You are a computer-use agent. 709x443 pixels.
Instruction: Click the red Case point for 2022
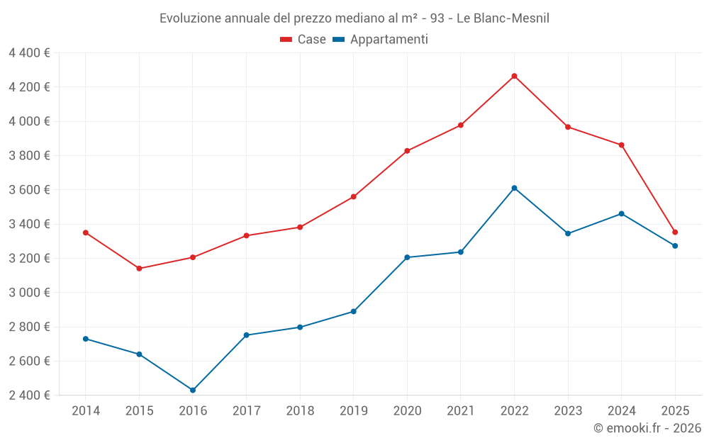[x=514, y=76]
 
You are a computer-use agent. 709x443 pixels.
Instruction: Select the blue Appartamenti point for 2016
[x=193, y=390]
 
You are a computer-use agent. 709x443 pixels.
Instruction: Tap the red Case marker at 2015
[x=139, y=269]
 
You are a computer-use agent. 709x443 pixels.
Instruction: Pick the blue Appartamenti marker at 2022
[x=514, y=188]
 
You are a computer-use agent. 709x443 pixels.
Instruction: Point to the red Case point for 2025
[x=675, y=232]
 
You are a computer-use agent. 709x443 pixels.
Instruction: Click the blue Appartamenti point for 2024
[x=622, y=213]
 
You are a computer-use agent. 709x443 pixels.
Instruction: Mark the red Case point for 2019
[x=354, y=197]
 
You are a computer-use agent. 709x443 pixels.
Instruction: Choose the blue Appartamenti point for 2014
[x=86, y=339]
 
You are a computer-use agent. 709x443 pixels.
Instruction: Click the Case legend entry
[x=303, y=40]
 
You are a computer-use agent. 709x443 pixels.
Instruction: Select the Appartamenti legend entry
[x=381, y=40]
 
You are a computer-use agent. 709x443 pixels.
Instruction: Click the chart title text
[x=354, y=18]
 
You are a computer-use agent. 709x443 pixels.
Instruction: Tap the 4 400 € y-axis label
[x=29, y=53]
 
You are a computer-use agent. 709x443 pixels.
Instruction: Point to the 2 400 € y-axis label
[x=29, y=396]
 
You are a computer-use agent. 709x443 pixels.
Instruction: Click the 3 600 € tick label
[x=29, y=190]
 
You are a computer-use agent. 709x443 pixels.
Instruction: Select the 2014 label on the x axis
[x=86, y=411]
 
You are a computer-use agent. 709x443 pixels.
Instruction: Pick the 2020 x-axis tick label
[x=407, y=411]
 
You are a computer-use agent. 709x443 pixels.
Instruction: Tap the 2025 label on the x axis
[x=675, y=411]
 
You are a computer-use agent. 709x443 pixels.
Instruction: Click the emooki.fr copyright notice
[x=647, y=428]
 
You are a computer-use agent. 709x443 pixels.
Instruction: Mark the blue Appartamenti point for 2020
[x=407, y=257]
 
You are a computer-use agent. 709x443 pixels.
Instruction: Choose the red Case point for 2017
[x=246, y=235]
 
